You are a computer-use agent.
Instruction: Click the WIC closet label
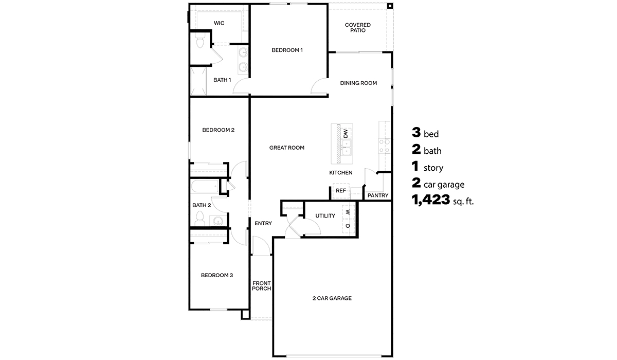tap(219, 23)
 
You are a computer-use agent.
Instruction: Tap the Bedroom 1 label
tap(287, 50)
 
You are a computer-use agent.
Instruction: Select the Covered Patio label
tap(358, 28)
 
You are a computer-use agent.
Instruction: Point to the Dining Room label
tap(359, 83)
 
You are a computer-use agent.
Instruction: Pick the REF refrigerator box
tap(340, 190)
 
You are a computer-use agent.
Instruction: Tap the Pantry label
tap(378, 195)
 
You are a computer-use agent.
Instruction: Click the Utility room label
tap(325, 215)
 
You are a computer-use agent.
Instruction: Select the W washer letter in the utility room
tap(348, 212)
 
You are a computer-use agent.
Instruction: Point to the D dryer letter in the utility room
tap(348, 225)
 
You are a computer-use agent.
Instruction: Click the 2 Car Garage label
tap(332, 298)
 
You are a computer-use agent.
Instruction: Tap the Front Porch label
tap(261, 286)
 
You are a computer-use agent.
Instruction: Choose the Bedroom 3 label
tap(217, 275)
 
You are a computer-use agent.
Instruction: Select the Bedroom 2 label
tap(218, 130)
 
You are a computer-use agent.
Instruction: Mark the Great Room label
tap(287, 148)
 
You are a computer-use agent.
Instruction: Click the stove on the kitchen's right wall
tap(384, 146)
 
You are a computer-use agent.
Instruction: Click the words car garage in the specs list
tap(444, 185)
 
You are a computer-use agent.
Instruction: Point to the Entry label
tap(263, 223)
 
